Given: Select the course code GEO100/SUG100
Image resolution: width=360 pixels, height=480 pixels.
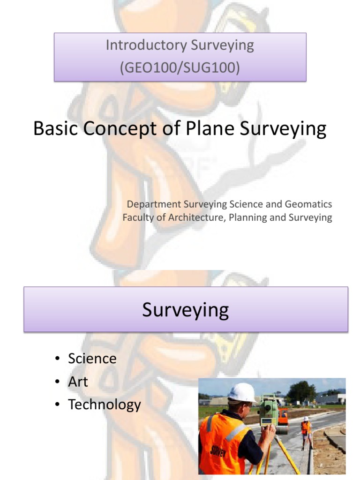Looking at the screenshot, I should pos(180,68).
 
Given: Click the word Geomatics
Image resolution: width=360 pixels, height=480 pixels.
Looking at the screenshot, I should pos(311,204).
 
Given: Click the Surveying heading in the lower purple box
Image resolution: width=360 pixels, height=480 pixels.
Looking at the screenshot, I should pos(186,310).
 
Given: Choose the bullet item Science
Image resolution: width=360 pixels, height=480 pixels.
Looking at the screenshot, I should pos(92,359).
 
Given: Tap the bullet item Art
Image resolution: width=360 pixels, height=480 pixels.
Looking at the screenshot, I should pos(78,382).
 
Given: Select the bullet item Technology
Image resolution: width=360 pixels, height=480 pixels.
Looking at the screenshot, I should pos(104,405).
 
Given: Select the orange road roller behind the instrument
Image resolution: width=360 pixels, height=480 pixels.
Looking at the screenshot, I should pos(283,419).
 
